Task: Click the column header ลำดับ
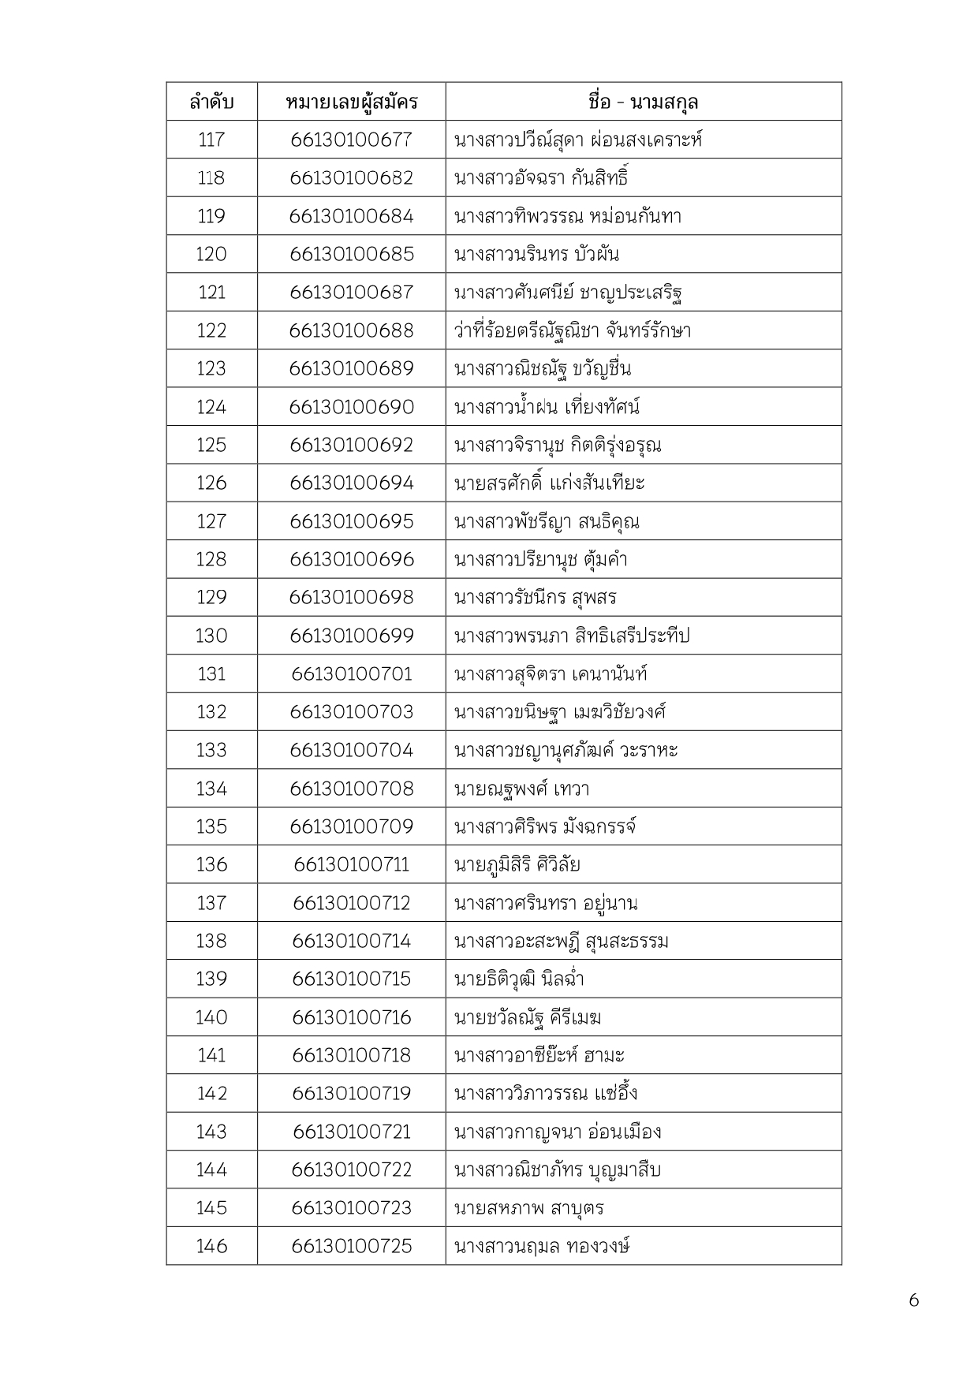coord(211,103)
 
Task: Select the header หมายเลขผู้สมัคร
coord(351,103)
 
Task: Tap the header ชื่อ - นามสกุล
coord(643,103)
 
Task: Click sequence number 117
coord(211,140)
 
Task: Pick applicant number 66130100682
coord(351,178)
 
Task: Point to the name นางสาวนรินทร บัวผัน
coord(536,255)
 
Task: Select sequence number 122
coord(211,330)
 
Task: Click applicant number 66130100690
coord(351,407)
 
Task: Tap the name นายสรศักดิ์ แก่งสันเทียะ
coord(550,483)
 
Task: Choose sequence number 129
coord(211,597)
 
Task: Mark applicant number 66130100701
coord(351,673)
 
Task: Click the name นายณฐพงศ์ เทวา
coord(521,789)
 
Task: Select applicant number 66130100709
coord(351,826)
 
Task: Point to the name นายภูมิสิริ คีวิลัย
coord(517,865)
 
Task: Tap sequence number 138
coord(211,941)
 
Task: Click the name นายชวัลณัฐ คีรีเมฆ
coord(528,1017)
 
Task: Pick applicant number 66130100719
coord(351,1093)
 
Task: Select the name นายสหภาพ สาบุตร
coord(529,1208)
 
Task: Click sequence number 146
coord(211,1246)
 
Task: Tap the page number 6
coord(913,1300)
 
